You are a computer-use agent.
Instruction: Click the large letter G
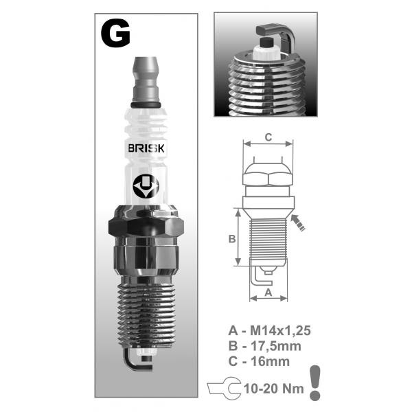click(x=115, y=34)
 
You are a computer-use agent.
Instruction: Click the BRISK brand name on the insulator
click(x=146, y=148)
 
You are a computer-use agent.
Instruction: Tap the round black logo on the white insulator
click(x=146, y=186)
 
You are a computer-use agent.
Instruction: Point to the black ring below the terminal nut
click(x=146, y=104)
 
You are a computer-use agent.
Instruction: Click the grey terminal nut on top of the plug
click(x=146, y=80)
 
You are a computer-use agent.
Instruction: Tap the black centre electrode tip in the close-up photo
click(x=267, y=43)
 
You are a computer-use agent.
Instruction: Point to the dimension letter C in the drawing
click(x=268, y=137)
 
